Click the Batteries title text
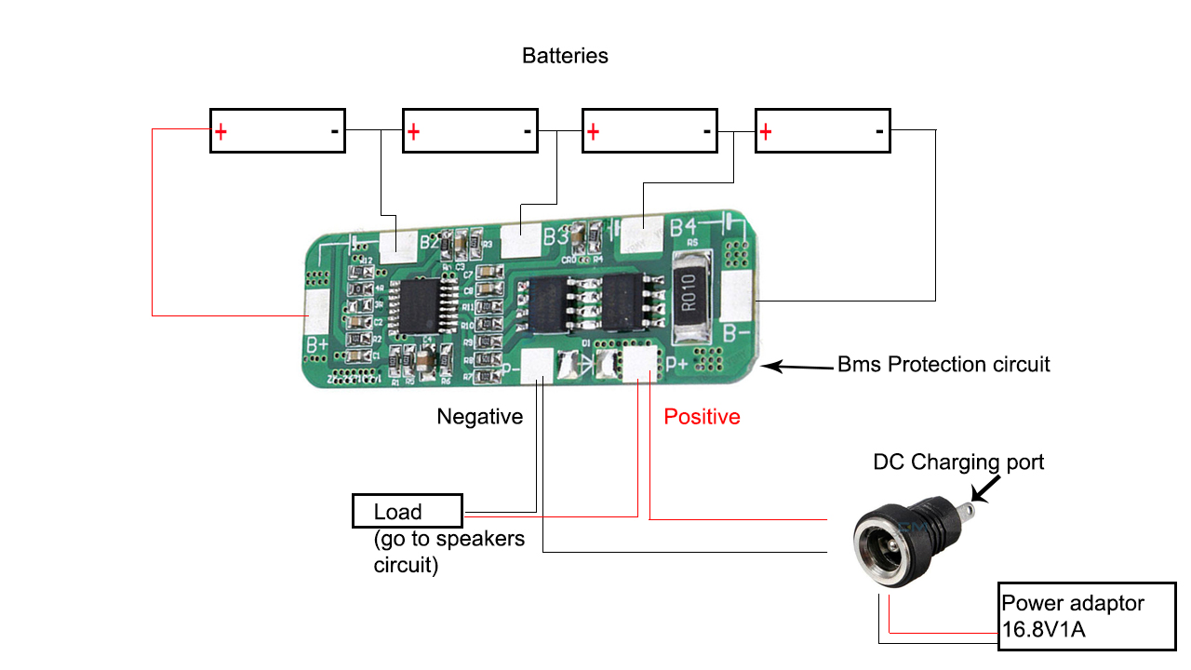click(565, 56)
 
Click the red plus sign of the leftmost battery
click(221, 132)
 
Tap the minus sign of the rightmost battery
click(879, 131)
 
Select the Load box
click(407, 511)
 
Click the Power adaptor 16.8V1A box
click(1086, 616)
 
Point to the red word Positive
click(702, 417)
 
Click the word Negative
click(479, 417)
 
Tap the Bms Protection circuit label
click(943, 364)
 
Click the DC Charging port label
click(958, 462)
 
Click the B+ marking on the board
click(316, 345)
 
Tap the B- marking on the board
click(738, 332)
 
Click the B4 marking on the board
click(683, 226)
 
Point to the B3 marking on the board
click(556, 236)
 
